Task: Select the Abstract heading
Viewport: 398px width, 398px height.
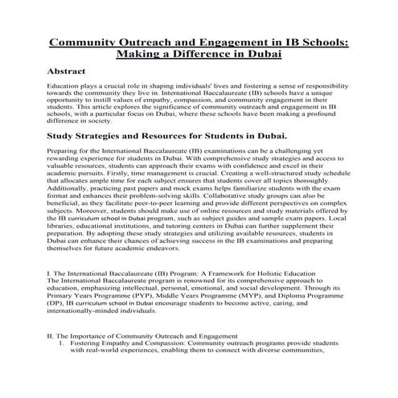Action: (x=72, y=72)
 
